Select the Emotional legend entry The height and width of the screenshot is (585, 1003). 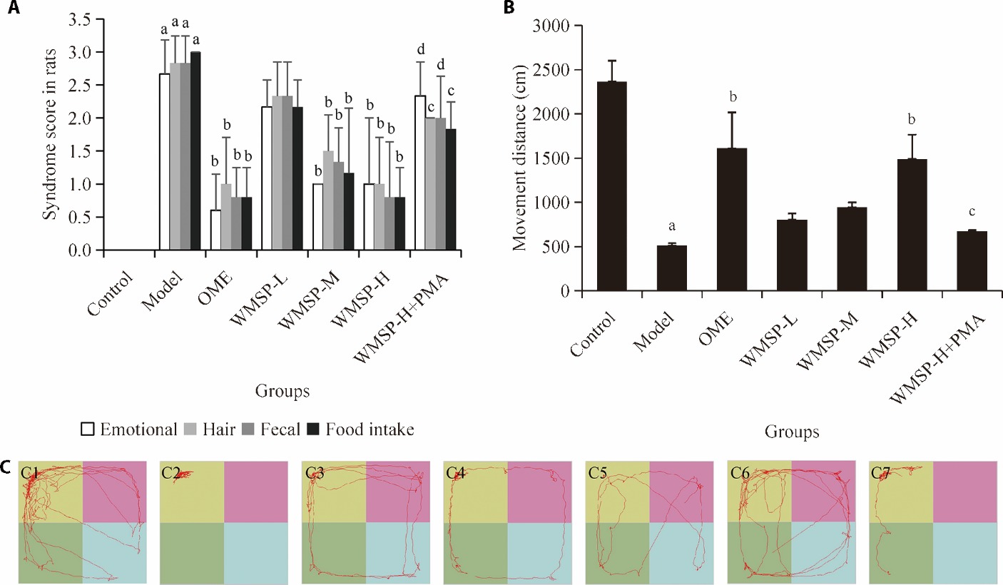click(x=128, y=429)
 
